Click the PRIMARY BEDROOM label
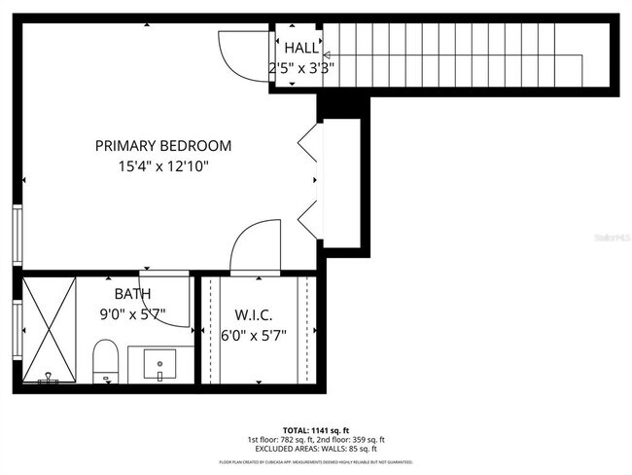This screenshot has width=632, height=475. click(x=163, y=146)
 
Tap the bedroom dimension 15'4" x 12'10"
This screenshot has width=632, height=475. click(x=163, y=166)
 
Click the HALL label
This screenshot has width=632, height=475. click(x=300, y=48)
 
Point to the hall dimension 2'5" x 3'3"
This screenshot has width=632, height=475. click(x=301, y=68)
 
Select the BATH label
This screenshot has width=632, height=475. click(x=132, y=293)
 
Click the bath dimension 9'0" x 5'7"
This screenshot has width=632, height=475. click(x=132, y=314)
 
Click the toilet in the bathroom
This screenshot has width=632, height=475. click(x=106, y=361)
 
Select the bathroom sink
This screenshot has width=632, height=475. click(x=159, y=366)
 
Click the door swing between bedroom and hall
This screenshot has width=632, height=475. click(x=243, y=54)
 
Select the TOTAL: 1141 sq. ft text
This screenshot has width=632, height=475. click(x=315, y=429)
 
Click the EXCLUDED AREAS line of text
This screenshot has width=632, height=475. click(x=316, y=449)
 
